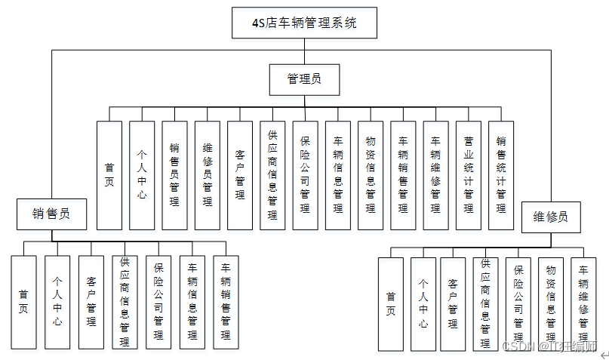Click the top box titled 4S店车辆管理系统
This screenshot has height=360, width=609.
point(304,23)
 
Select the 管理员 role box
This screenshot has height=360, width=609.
point(304,78)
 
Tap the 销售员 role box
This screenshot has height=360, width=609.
point(52,214)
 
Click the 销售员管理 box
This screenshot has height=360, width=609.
point(174,175)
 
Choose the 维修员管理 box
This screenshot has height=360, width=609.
point(208,175)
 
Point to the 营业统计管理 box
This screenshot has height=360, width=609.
point(468,175)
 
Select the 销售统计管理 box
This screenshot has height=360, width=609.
point(501,175)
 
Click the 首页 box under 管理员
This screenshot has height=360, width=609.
point(109,175)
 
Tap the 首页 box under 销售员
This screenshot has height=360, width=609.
point(23,302)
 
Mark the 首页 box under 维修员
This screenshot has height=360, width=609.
point(390,304)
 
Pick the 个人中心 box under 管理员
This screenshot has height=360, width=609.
point(142,175)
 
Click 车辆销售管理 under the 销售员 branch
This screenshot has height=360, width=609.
point(225,302)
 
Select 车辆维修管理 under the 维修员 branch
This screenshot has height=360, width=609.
point(583,304)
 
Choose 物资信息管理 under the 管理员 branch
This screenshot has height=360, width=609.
point(371,175)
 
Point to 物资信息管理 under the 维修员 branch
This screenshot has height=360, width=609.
point(550,304)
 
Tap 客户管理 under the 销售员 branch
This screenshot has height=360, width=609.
point(91,302)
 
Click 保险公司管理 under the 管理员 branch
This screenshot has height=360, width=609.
point(305,175)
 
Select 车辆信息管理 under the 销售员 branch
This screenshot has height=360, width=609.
point(192,302)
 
